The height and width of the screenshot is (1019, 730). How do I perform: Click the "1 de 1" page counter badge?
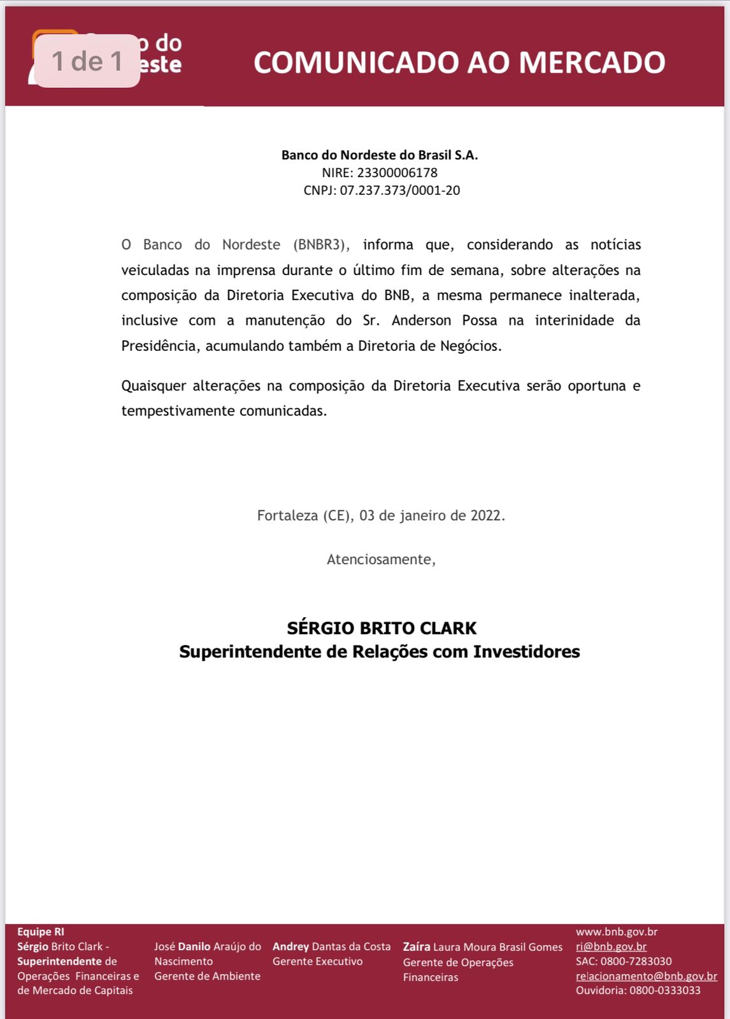[87, 61]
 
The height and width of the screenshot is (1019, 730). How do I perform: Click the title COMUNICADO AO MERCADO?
[459, 62]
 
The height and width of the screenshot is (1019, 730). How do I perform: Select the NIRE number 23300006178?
[397, 173]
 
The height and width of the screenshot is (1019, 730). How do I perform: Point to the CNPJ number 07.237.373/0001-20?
[399, 190]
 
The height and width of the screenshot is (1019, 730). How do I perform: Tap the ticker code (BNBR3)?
[321, 245]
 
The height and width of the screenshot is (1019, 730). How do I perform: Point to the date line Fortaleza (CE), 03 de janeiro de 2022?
[381, 515]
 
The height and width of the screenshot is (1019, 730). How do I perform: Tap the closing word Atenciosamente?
[380, 559]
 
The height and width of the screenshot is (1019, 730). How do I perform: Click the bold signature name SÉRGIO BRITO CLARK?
[382, 628]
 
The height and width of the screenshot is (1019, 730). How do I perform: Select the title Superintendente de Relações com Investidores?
[380, 652]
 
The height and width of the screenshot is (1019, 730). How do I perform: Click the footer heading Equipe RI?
[41, 932]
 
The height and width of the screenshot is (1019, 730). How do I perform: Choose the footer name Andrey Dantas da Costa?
[331, 946]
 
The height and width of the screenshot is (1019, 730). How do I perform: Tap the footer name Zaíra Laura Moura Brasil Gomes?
[482, 947]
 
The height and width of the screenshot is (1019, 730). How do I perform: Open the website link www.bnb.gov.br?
[616, 932]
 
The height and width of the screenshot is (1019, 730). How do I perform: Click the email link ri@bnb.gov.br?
[611, 946]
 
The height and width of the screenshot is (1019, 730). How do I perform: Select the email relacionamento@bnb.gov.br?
[646, 976]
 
